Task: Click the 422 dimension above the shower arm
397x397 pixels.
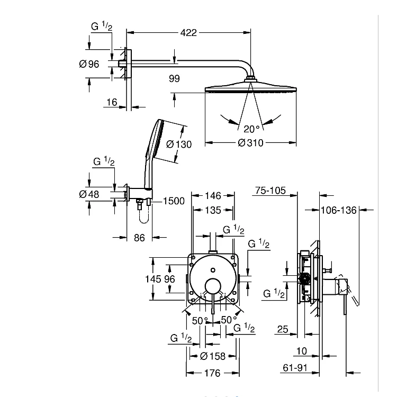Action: (x=188, y=33)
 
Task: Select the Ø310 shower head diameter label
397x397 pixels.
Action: (x=250, y=143)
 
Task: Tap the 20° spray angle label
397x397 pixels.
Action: (x=251, y=129)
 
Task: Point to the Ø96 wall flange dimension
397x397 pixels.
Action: (x=89, y=64)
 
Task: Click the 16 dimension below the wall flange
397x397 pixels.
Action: (x=112, y=102)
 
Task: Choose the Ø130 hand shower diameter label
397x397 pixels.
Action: (x=179, y=145)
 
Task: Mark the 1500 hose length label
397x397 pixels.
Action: (x=174, y=201)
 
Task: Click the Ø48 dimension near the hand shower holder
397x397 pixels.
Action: (x=89, y=194)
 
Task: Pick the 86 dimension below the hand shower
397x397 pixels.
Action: (x=139, y=238)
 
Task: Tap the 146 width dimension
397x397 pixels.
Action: (x=213, y=195)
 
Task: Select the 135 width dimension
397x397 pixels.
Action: (x=213, y=210)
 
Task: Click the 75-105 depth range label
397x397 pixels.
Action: (x=270, y=191)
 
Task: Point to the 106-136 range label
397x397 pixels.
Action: (x=339, y=210)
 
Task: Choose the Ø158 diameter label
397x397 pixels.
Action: (x=213, y=356)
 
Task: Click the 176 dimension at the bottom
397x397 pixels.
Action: (x=212, y=373)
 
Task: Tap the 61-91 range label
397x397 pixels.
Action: (x=295, y=368)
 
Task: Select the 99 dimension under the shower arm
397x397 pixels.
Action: (x=174, y=78)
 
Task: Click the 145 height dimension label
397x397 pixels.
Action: (x=153, y=279)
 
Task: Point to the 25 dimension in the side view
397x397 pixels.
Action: (x=283, y=329)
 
